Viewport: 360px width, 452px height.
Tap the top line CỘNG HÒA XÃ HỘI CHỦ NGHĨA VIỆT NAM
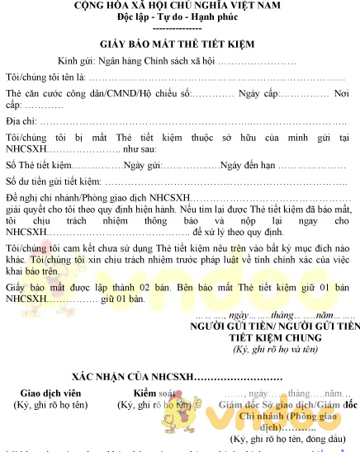[x=179, y=5]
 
